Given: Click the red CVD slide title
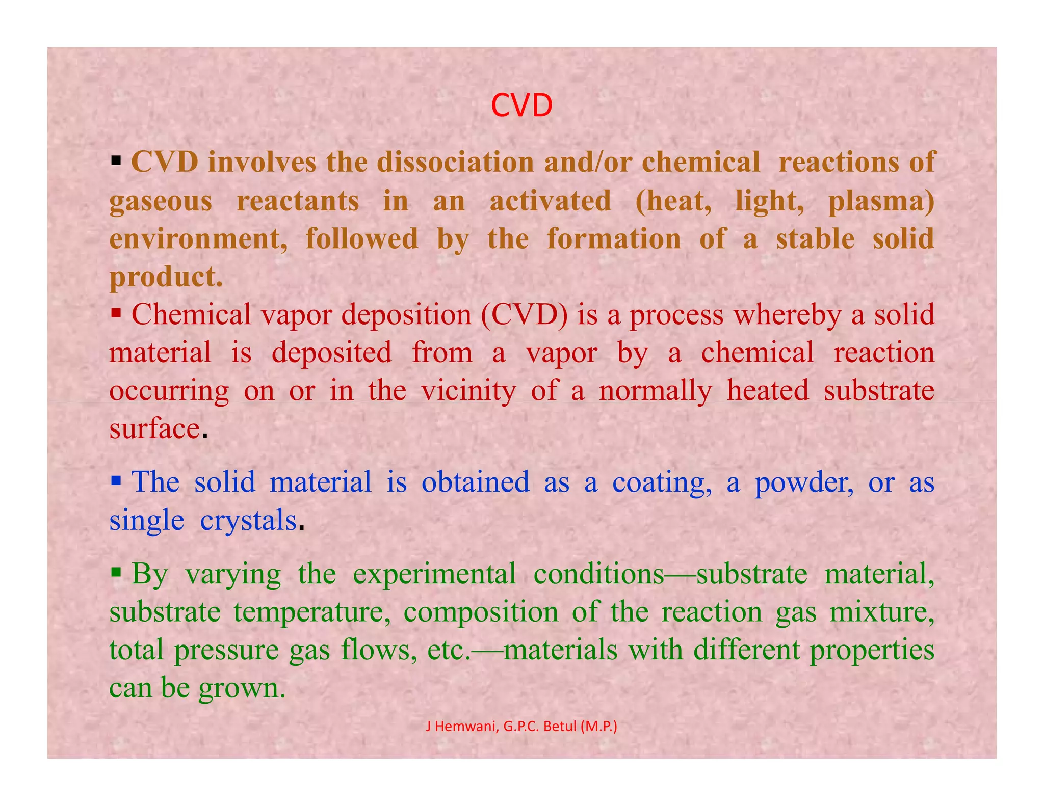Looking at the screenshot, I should pos(521,106).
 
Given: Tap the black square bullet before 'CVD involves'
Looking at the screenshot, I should pos(116,162).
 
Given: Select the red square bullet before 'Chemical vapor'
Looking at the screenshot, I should pos(116,312).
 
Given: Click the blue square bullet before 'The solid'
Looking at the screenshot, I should pos(116,480).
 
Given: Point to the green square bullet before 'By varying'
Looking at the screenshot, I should pos(116,572).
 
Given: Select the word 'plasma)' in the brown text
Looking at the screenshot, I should pos(881,201).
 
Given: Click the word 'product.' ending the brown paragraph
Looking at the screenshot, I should pos(166,278).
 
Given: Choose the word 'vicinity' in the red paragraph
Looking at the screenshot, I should pos(468,391).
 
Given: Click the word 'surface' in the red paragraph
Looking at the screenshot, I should pos(154,429).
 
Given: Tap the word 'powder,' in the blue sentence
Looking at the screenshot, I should pos(804,482).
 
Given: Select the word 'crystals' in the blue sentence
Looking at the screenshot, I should pos(248,521).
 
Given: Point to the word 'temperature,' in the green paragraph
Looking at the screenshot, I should pos(312,612).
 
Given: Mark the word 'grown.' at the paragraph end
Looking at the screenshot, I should pos(242,688).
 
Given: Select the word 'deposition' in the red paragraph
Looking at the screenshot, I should pos(406,315).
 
